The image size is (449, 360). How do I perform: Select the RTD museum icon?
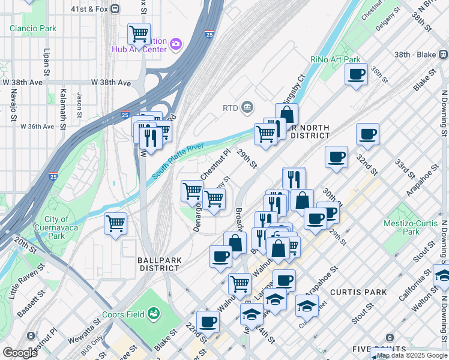pyautogui.click(x=247, y=107)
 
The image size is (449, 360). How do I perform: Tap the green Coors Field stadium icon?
pyautogui.click(x=154, y=313)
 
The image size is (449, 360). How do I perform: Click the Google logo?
pyautogui.click(x=20, y=352)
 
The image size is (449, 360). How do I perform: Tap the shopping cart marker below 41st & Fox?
pyautogui.click(x=139, y=34)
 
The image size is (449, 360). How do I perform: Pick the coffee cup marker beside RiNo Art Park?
pyautogui.click(x=356, y=74)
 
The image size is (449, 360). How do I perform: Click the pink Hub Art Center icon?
pyautogui.click(x=175, y=43)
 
